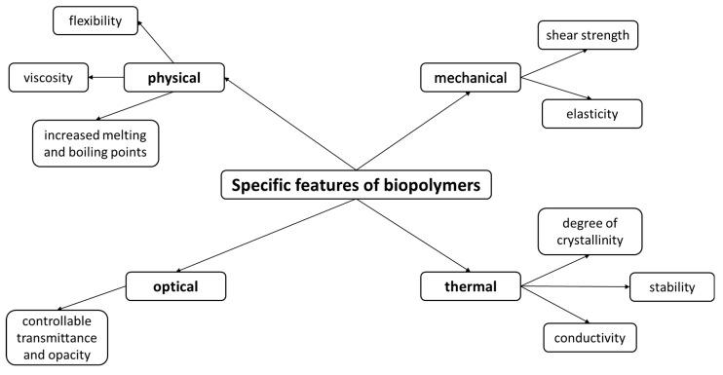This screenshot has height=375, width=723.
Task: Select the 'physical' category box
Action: (x=174, y=77)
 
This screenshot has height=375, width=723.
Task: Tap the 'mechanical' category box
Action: (x=471, y=78)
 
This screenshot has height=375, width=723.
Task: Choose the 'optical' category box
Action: (x=176, y=286)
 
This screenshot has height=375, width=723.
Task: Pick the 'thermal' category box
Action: (x=471, y=286)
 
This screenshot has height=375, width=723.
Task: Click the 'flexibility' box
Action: (x=95, y=19)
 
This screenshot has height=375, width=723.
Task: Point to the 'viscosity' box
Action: (x=48, y=76)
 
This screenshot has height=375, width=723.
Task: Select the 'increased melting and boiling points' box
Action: (x=95, y=142)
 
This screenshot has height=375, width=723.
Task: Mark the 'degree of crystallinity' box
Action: (x=590, y=232)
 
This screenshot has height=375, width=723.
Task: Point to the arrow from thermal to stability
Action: (x=575, y=287)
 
